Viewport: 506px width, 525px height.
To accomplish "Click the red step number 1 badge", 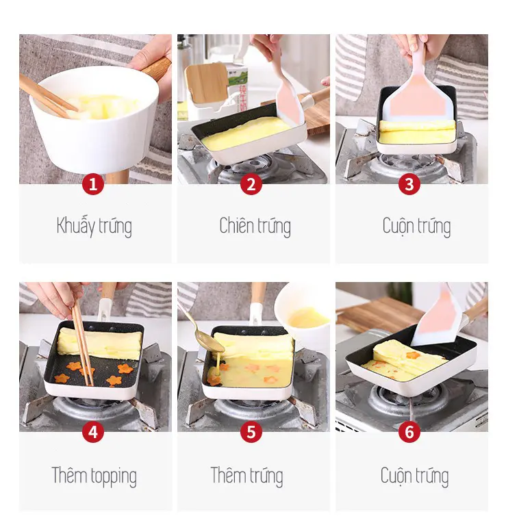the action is point(93,184).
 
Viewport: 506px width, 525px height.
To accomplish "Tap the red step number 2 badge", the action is point(251,184).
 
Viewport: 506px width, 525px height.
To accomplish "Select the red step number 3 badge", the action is point(409,184).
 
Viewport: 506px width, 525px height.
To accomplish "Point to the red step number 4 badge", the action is point(93,432).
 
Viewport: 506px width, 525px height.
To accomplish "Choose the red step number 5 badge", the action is point(251,432).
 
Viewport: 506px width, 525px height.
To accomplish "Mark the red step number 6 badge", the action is point(409,432).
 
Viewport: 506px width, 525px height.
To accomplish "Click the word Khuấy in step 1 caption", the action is point(76,227).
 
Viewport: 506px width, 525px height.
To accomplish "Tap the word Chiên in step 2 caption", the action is point(236,225).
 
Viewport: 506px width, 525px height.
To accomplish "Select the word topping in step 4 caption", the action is point(114,477).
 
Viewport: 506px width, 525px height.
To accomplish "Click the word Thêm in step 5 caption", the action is point(227,475).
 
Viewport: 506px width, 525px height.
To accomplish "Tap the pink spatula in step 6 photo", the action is point(439,316).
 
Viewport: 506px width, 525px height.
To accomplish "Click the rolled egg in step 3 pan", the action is point(417,131).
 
